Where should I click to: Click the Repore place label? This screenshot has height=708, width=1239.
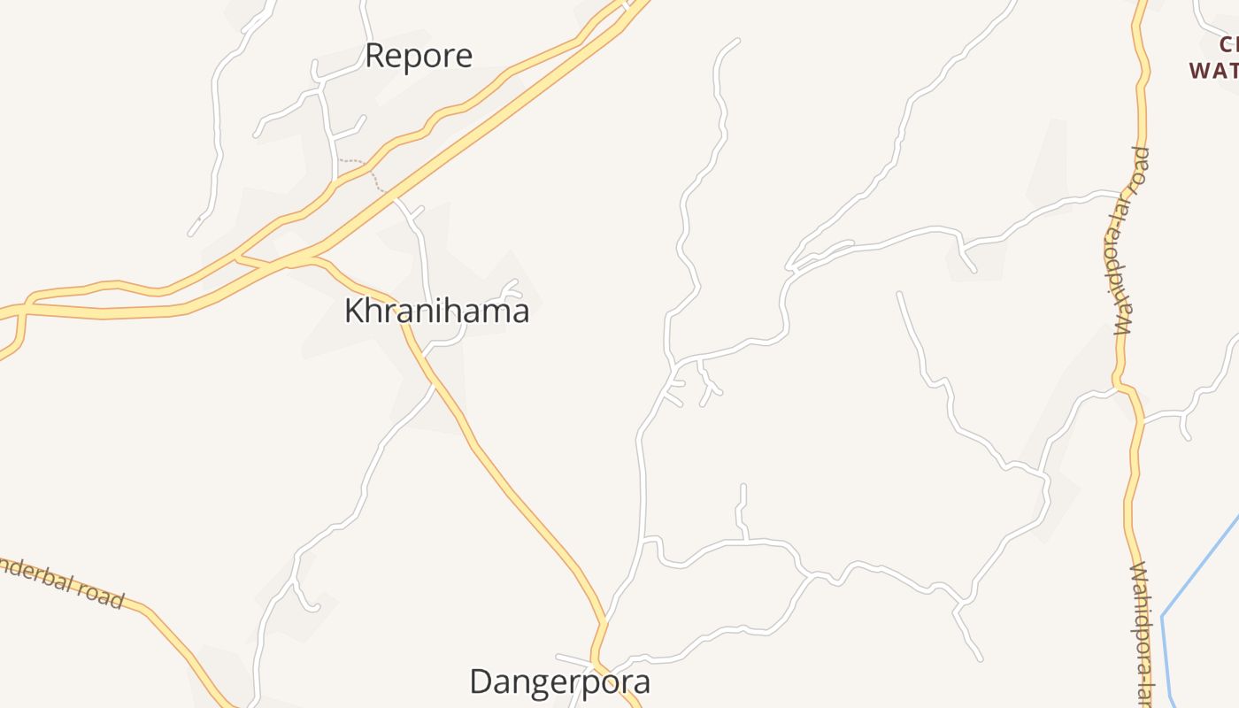(x=418, y=56)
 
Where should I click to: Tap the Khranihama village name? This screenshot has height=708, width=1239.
(x=436, y=311)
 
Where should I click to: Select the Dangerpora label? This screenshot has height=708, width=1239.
(x=559, y=681)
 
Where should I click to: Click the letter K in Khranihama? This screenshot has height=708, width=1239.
(x=354, y=311)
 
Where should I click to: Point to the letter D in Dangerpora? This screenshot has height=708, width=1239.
(x=481, y=681)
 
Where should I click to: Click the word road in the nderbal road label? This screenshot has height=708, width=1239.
(x=102, y=596)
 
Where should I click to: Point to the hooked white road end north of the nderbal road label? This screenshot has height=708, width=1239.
(x=312, y=609)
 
